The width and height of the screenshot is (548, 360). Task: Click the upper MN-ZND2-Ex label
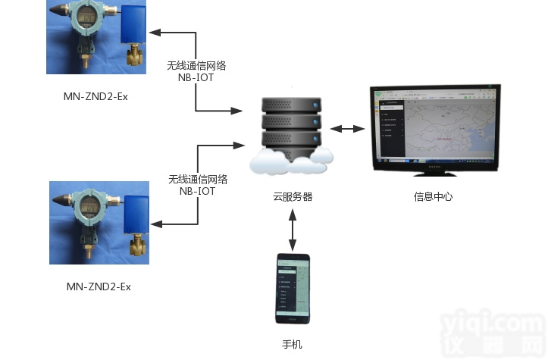[96, 96]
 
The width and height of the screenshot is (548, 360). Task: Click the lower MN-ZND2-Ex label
[99, 286]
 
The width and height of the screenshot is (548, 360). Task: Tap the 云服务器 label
[293, 196]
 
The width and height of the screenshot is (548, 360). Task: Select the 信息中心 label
[433, 196]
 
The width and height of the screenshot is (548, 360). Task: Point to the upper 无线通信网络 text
[196, 66]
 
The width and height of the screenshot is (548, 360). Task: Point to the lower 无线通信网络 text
[197, 180]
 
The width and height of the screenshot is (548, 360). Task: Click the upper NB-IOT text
[196, 78]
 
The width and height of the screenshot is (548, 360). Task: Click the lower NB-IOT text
[197, 192]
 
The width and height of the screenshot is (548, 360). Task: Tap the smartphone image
[293, 288]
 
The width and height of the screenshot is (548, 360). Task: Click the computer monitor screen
[435, 127]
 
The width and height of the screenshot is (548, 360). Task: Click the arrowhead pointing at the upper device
[155, 33]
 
